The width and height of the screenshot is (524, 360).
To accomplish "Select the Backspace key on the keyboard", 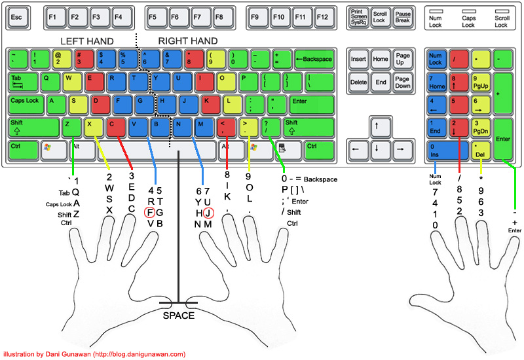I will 314,60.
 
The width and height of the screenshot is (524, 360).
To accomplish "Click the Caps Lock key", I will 26,103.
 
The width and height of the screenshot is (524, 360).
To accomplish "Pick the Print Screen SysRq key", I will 359,16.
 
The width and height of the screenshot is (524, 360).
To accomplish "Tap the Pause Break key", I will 402,16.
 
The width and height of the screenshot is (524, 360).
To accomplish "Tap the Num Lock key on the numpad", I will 436,60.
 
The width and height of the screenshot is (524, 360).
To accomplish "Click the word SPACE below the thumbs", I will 178,316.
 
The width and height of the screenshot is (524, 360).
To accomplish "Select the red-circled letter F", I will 150,212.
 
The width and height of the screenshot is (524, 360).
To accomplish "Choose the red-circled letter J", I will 208,212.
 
